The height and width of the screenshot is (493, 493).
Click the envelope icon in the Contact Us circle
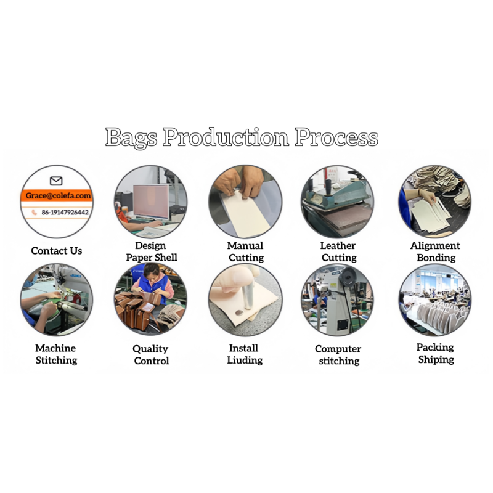point(56,181)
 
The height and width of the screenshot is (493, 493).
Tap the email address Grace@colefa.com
point(58,195)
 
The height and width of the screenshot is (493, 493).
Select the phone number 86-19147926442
point(65,213)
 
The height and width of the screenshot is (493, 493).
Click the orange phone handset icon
point(35,213)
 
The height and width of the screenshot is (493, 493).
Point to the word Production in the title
point(226,137)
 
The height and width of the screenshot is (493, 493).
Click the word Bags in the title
point(131,137)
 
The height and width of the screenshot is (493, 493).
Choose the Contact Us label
point(57,251)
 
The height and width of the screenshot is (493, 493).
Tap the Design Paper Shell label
point(152,251)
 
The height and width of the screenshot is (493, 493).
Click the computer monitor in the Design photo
point(151,202)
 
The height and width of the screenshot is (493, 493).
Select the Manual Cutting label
point(245,251)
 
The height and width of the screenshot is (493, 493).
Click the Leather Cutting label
point(338,251)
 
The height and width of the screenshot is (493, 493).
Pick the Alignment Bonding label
point(436,251)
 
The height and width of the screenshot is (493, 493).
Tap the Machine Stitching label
point(56,354)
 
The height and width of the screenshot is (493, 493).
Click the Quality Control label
point(151,354)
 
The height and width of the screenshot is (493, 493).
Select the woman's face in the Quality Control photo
point(152,273)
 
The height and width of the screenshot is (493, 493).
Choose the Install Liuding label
point(245,354)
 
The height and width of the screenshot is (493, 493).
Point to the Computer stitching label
point(338,354)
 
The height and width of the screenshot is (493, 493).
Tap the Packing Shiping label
point(436,353)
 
